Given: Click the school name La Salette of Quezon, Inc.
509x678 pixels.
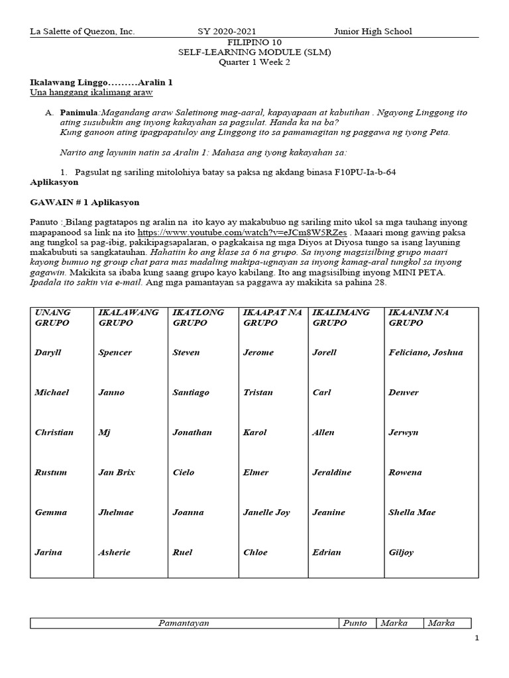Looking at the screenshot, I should coord(82,31).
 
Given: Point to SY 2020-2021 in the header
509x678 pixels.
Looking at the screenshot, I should coord(227,31).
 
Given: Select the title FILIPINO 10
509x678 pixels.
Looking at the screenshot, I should coord(254,42).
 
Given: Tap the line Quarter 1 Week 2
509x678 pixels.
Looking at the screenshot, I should coord(254,63).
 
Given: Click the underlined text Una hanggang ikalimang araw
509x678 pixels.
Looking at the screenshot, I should coord(91,93).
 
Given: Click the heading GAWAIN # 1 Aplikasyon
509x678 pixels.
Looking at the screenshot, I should coord(85,202).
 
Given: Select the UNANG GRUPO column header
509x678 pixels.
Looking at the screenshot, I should coord(53,317).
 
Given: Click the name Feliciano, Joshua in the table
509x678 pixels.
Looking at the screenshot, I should coord(425,352).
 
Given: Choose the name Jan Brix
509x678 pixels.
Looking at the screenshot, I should coord(117,472).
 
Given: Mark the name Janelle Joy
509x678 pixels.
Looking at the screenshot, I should coord(267,512).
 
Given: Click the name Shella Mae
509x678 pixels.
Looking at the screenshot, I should coord(412,512).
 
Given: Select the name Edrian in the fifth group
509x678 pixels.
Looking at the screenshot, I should coord(327,552).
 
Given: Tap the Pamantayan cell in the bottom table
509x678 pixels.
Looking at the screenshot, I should coord(184,623).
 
